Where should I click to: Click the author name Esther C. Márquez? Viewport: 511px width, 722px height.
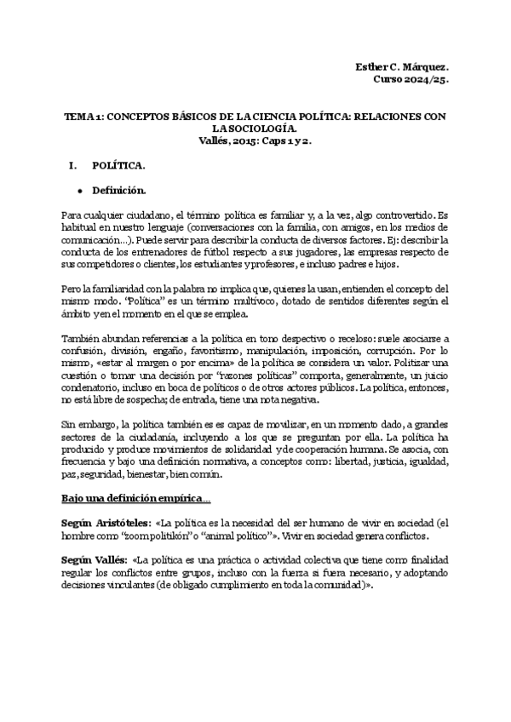click(x=401, y=66)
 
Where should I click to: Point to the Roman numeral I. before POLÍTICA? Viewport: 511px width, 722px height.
click(x=72, y=164)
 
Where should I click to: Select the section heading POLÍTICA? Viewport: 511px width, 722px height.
click(x=118, y=164)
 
